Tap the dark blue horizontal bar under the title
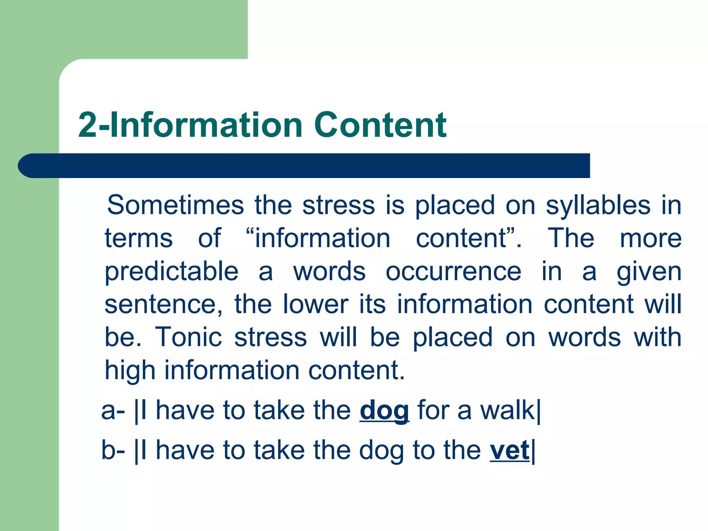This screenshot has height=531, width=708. click(x=304, y=166)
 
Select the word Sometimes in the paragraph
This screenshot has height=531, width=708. click(x=175, y=205)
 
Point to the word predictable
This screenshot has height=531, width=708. click(x=171, y=272)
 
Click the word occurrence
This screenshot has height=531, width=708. click(x=453, y=272)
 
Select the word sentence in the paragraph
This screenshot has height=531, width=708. click(x=161, y=305)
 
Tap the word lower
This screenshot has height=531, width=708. click(x=316, y=305)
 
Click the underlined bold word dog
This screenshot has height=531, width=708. click(x=384, y=411)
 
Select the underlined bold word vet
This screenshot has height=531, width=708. click(x=509, y=450)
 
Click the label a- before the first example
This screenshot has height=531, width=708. click(x=113, y=411)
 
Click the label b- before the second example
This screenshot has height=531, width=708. click(x=113, y=450)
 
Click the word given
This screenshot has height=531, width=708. click(x=649, y=272)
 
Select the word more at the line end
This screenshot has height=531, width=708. click(x=650, y=239)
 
